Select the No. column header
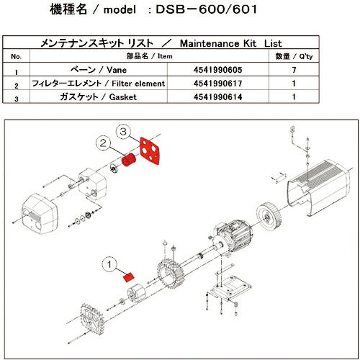tap(19, 56)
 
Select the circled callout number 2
tap(105, 144)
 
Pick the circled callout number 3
tap(125, 132)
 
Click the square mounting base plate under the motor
tap(226, 292)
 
